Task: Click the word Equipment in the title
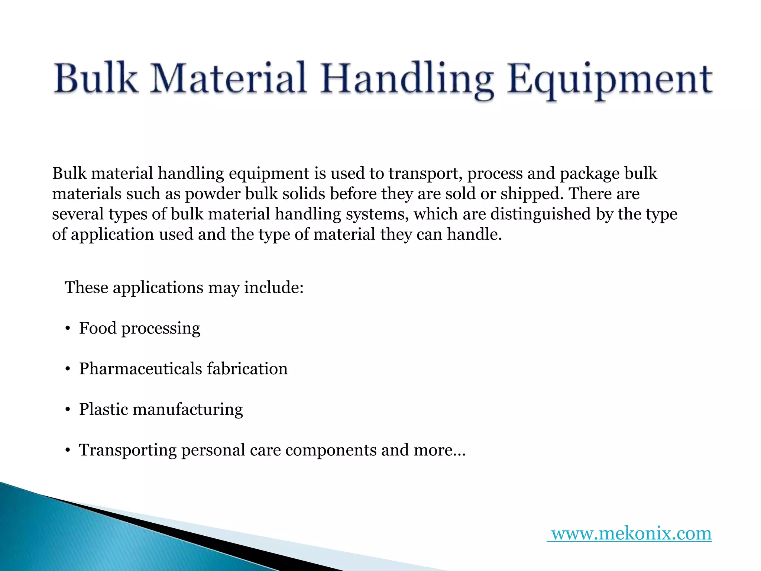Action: pyautogui.click(x=611, y=80)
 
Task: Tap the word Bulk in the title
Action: pyautogui.click(x=95, y=78)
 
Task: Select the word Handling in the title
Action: pyautogui.click(x=407, y=80)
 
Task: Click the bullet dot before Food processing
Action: pyautogui.click(x=67, y=329)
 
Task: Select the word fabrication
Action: pyautogui.click(x=247, y=369)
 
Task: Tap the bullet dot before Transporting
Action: pyautogui.click(x=67, y=451)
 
